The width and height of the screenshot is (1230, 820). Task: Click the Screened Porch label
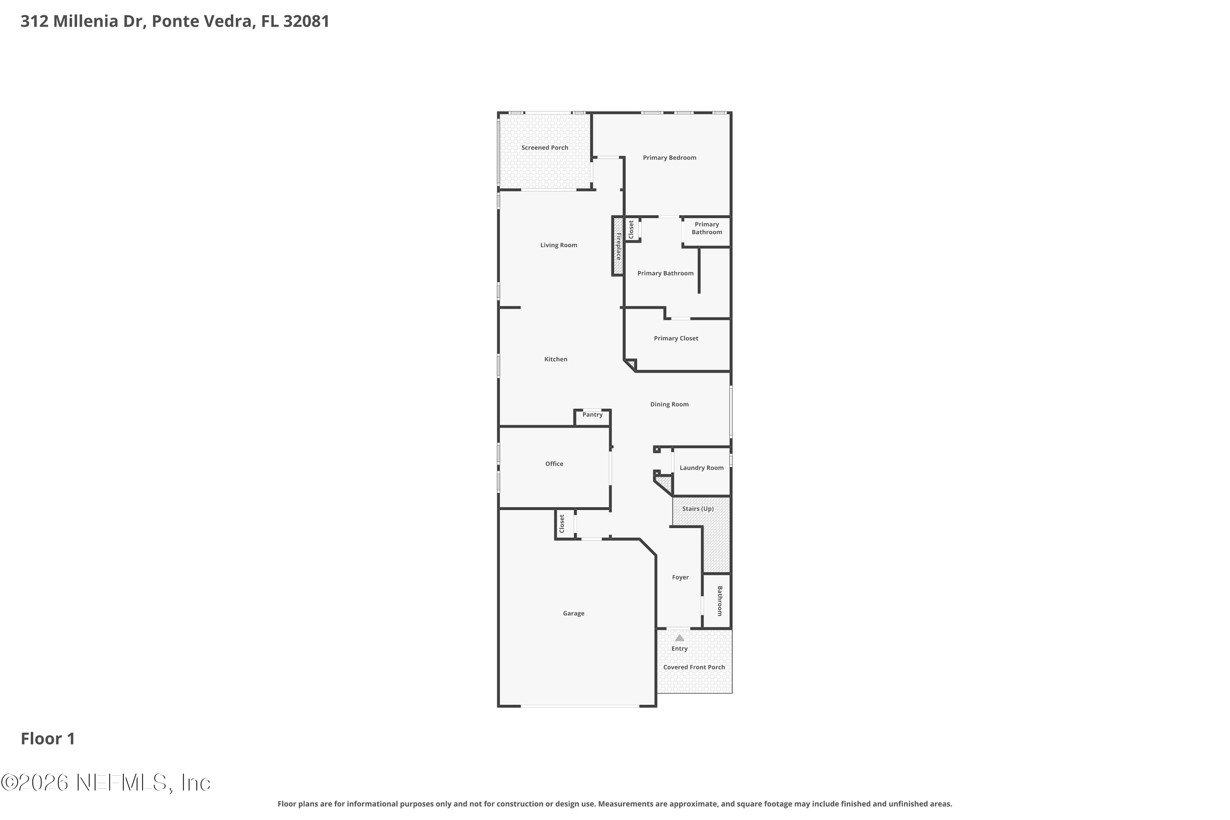coord(544,148)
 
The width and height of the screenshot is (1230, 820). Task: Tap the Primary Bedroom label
coord(670,158)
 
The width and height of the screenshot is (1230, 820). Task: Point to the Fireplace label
coord(618,246)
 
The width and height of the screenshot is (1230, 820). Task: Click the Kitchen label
coord(556,359)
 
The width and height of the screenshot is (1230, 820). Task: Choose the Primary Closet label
coord(676,338)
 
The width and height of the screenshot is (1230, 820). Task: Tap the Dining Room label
coord(670,404)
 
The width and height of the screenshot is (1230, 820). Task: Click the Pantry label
coord(592,415)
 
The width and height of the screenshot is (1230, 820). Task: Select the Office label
coord(554,464)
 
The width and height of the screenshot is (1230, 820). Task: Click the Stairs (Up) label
coord(698,509)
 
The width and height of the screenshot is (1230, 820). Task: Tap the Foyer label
coord(680,577)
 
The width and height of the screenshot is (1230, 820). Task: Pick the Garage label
coord(573,613)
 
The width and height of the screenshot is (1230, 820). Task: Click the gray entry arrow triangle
coord(679,638)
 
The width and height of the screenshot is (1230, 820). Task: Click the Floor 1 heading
coord(48,739)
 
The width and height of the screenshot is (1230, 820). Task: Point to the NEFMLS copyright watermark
coord(106,783)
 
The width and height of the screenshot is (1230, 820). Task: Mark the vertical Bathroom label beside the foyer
coord(720,601)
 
